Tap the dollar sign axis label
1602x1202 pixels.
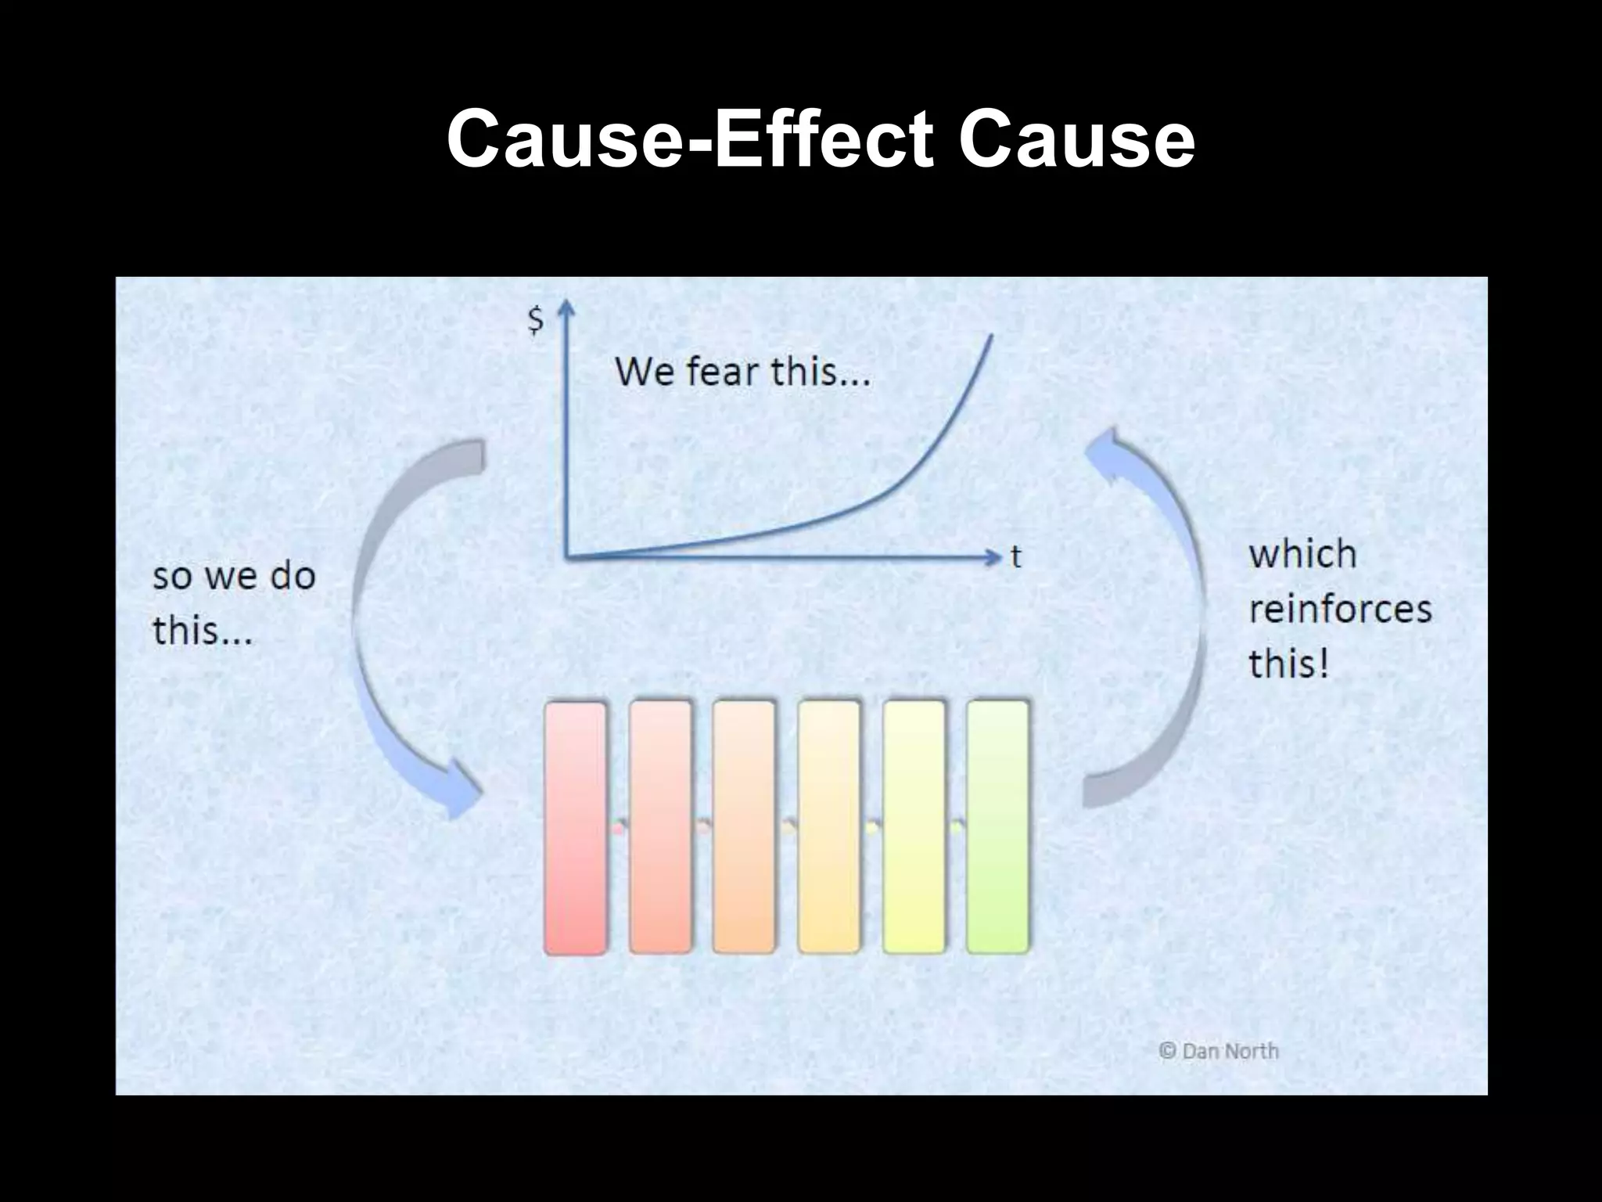click(536, 320)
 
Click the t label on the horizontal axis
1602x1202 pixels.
click(1015, 557)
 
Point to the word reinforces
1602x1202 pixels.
click(1339, 610)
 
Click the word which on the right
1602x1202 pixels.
click(1302, 555)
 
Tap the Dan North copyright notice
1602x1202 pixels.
click(1219, 1051)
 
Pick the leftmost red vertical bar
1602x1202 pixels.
click(576, 827)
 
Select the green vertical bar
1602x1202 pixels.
click(997, 827)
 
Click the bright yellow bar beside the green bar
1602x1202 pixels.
click(914, 827)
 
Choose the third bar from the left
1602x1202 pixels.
click(744, 827)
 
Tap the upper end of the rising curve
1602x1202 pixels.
click(991, 337)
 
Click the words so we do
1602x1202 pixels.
click(234, 577)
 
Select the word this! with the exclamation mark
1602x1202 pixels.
click(1288, 664)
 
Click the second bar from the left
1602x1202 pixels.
click(660, 827)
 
